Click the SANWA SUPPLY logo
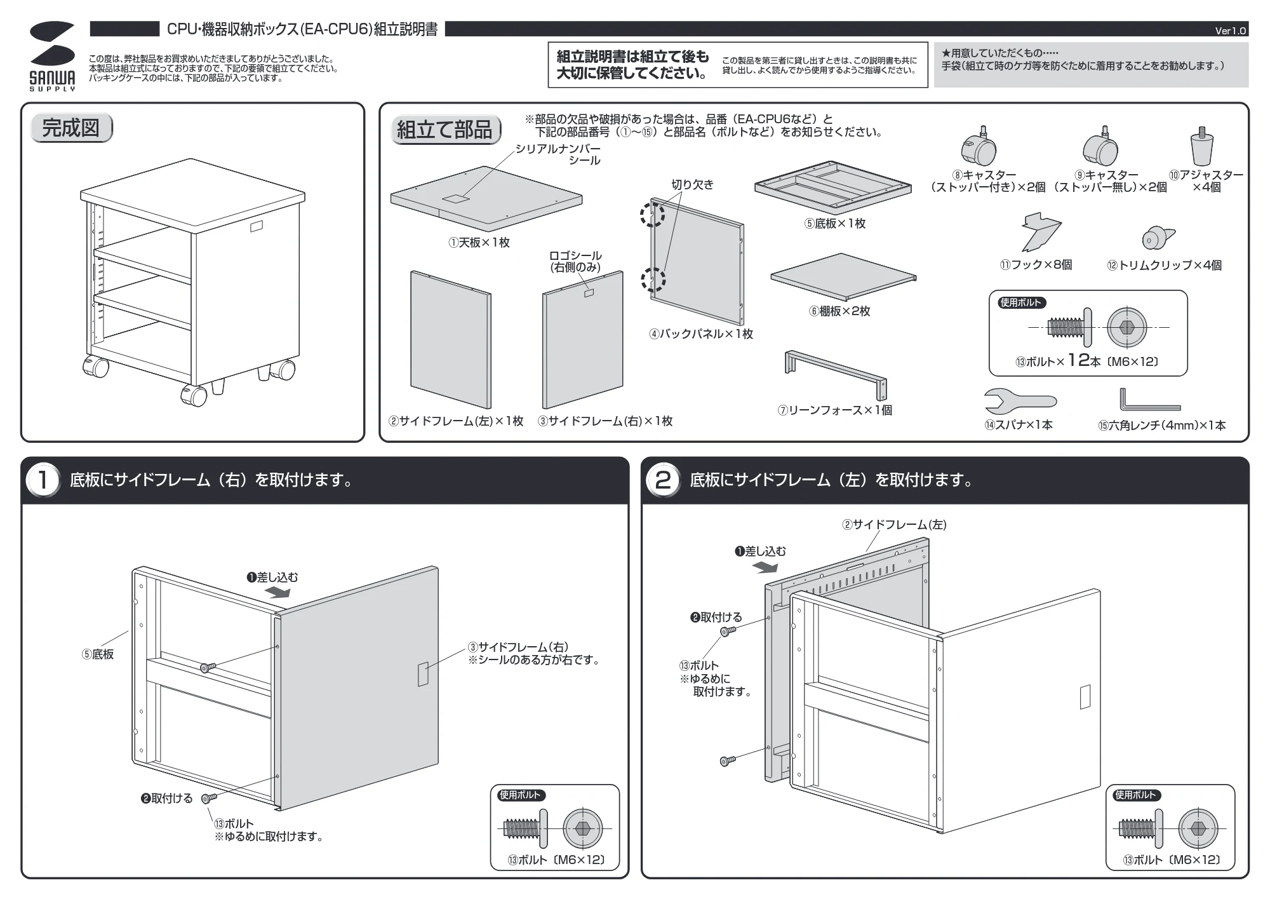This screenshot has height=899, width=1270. click(x=52, y=56)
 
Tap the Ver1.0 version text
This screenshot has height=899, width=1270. click(x=1231, y=30)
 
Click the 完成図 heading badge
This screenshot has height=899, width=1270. click(x=71, y=128)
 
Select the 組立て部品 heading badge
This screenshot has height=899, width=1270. click(x=445, y=130)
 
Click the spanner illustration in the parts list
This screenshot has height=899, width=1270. click(x=1020, y=401)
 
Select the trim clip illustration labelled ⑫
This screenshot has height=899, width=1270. click(x=1158, y=238)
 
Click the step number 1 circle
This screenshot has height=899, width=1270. click(x=43, y=480)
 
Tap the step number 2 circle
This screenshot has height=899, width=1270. click(x=662, y=480)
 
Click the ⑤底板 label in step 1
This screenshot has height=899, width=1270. click(x=98, y=654)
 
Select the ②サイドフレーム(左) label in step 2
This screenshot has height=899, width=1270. click(x=894, y=525)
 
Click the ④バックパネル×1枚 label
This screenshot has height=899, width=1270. click(x=701, y=334)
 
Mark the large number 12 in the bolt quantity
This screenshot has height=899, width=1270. click(x=1078, y=360)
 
